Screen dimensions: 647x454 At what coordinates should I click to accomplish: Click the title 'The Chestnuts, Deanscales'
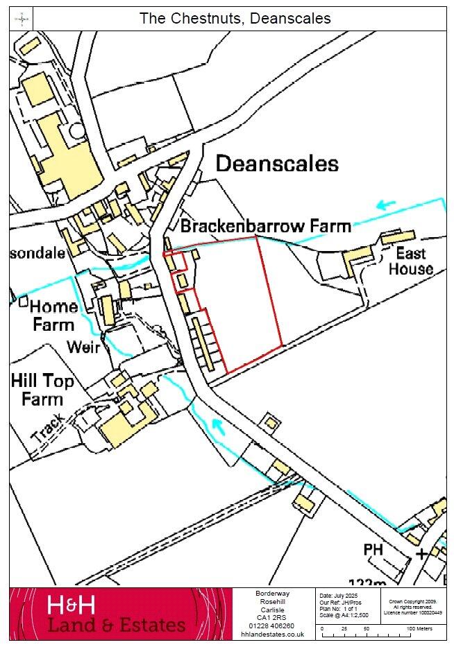pos(235,19)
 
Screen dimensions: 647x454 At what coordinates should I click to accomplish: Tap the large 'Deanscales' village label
pos(277,164)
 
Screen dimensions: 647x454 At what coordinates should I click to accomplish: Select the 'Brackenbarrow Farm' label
pos(265,226)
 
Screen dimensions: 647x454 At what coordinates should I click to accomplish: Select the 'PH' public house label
pos(373,550)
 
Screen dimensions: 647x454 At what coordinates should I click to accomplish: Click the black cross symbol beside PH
pos(421,554)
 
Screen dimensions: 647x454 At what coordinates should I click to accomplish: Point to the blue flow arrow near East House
pos(386,205)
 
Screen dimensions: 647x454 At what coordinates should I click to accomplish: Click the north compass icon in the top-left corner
pos(23,19)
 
